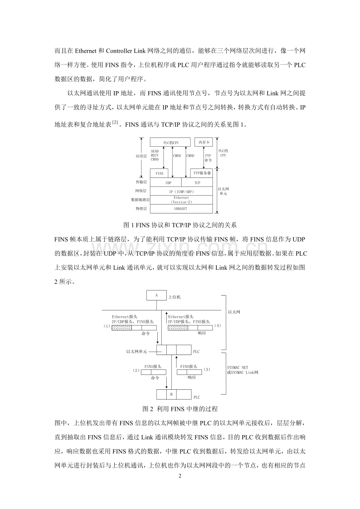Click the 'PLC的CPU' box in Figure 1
(x=170, y=143)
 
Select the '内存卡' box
(x=203, y=142)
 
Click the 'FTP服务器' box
(x=202, y=173)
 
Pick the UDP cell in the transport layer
(x=166, y=183)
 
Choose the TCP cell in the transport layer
(x=197, y=183)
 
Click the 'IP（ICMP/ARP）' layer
(x=181, y=192)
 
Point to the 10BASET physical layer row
(x=181, y=209)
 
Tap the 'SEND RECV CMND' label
(x=155, y=156)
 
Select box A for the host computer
(x=156, y=295)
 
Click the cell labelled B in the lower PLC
(x=171, y=394)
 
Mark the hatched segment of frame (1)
(x=121, y=328)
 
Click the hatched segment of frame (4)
(x=177, y=328)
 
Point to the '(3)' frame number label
(x=207, y=369)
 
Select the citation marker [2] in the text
(x=115, y=123)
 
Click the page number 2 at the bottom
(x=180, y=476)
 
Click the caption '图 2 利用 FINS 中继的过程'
(x=180, y=409)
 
